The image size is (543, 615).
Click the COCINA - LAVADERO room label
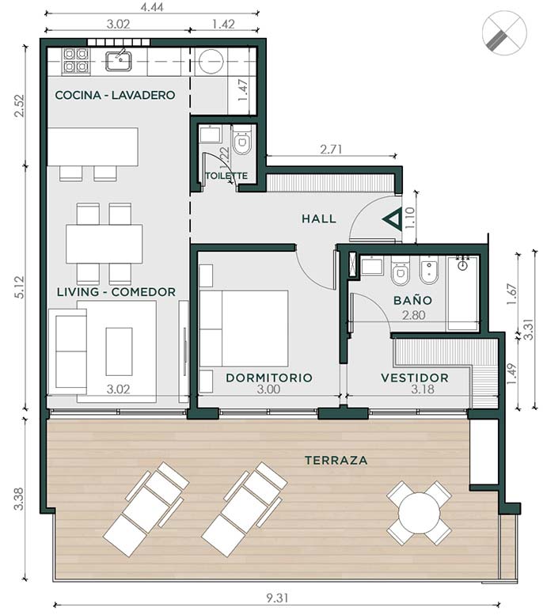pyautogui.click(x=115, y=95)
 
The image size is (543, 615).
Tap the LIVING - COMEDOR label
pyautogui.click(x=116, y=292)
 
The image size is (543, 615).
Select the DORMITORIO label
pyautogui.click(x=269, y=378)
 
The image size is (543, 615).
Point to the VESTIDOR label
pyautogui.click(x=415, y=378)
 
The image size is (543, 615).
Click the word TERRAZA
pyautogui.click(x=336, y=460)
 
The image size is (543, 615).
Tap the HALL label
pyautogui.click(x=319, y=219)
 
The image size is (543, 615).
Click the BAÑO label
pyautogui.click(x=412, y=300)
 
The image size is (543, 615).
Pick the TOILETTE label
pyautogui.click(x=226, y=176)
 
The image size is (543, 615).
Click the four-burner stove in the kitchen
pyautogui.click(x=75, y=60)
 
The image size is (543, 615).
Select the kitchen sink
pyautogui.click(x=119, y=60)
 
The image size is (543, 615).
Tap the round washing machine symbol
pyautogui.click(x=211, y=61)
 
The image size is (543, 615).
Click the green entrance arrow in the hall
pyautogui.click(x=393, y=219)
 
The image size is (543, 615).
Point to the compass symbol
pyautogui.click(x=504, y=33)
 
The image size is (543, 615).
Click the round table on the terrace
pyautogui.click(x=419, y=514)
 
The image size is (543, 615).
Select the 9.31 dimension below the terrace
pyautogui.click(x=277, y=598)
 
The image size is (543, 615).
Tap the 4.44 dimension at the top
pyautogui.click(x=152, y=7)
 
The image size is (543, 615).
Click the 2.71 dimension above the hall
pyautogui.click(x=331, y=150)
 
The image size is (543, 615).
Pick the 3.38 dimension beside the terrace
pyautogui.click(x=18, y=499)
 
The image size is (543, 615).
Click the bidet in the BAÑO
pyautogui.click(x=429, y=270)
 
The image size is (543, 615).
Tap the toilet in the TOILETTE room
pyautogui.click(x=241, y=140)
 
